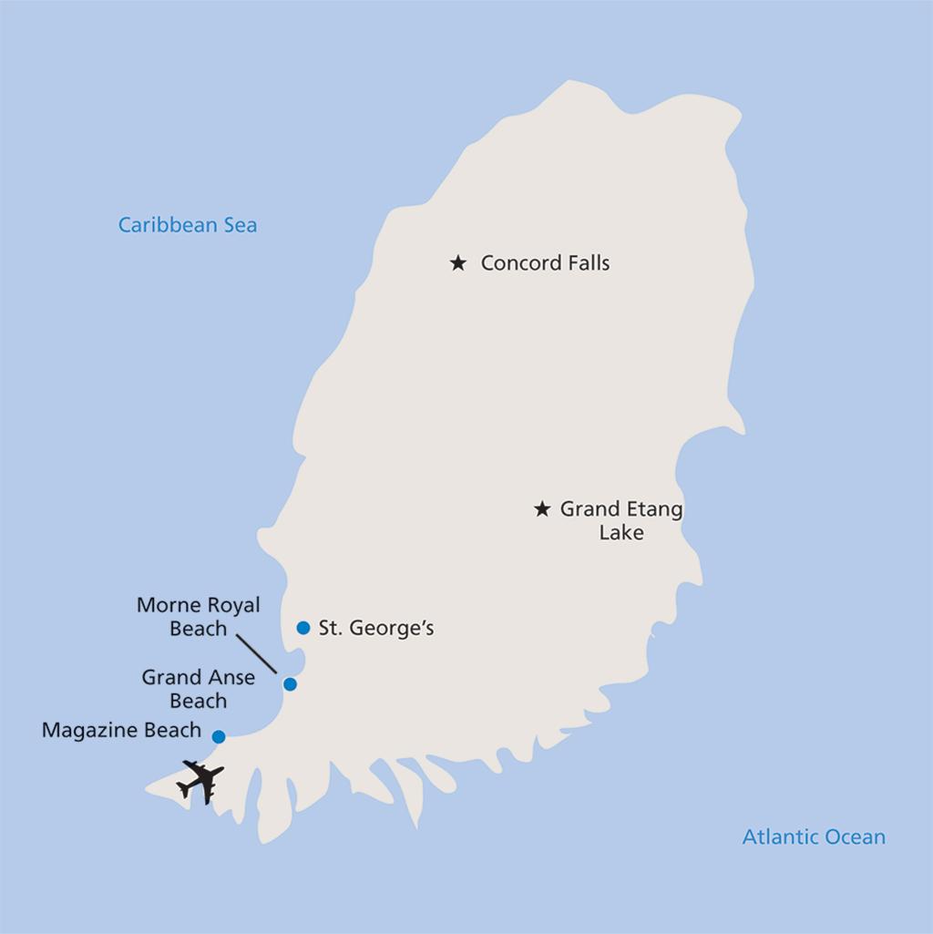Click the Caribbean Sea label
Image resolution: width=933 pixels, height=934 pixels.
pos(188,224)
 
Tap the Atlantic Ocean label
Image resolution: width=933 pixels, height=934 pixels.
pos(814,836)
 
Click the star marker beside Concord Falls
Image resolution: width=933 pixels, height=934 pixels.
pos(458,263)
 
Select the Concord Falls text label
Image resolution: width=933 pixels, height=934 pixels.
pos(545,263)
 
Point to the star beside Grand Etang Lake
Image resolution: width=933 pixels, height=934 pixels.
pos(542,509)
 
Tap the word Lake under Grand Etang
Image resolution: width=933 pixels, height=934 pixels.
pos(621,533)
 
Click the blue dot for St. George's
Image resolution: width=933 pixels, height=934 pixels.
pos(303,628)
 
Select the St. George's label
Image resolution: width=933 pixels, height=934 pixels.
pos(376,628)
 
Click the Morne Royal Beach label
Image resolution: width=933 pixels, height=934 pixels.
pos(199,617)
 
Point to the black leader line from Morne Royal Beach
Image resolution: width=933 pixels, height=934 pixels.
pos(256,652)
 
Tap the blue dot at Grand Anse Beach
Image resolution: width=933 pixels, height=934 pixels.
pos(290,684)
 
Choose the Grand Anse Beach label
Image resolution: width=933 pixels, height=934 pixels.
pos(198,689)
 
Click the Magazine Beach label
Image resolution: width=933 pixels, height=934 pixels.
pos(121,730)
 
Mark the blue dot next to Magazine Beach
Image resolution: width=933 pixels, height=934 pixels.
pos(219,736)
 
